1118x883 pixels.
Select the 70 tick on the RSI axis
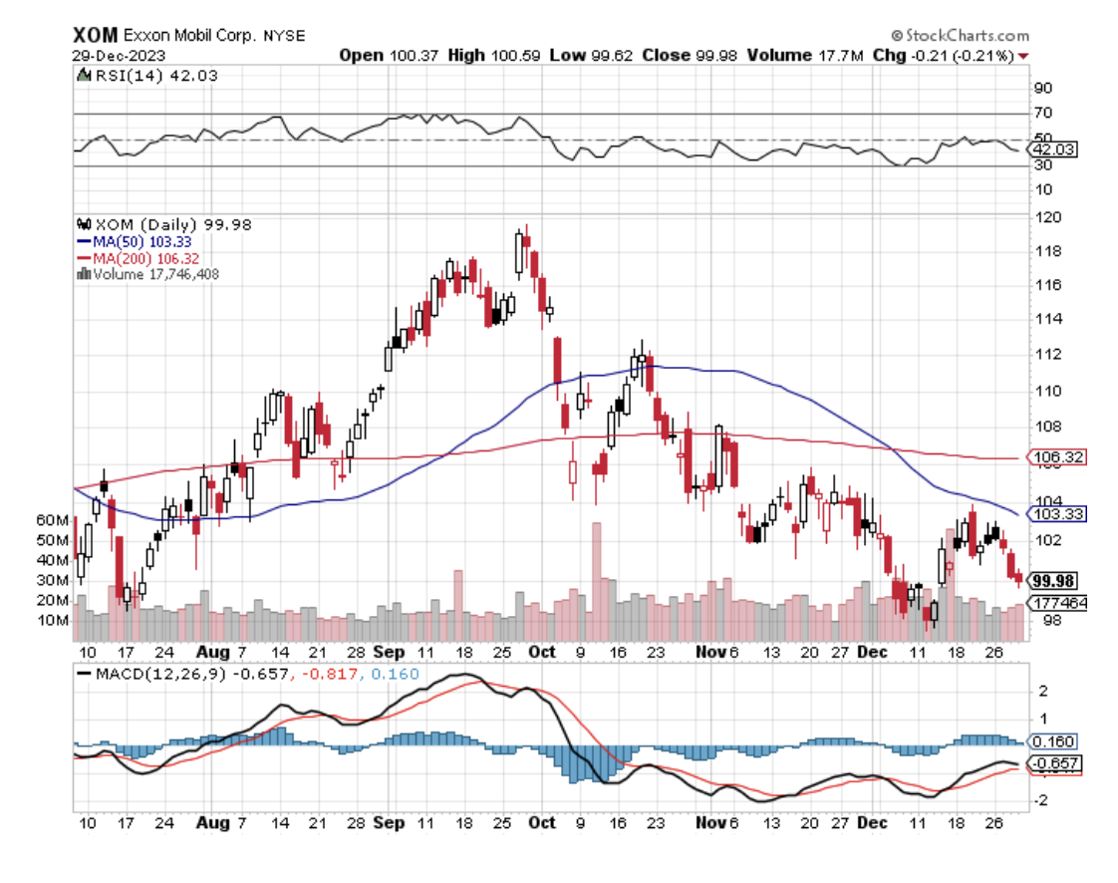[x=1042, y=114]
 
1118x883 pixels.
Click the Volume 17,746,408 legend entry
[x=148, y=273]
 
